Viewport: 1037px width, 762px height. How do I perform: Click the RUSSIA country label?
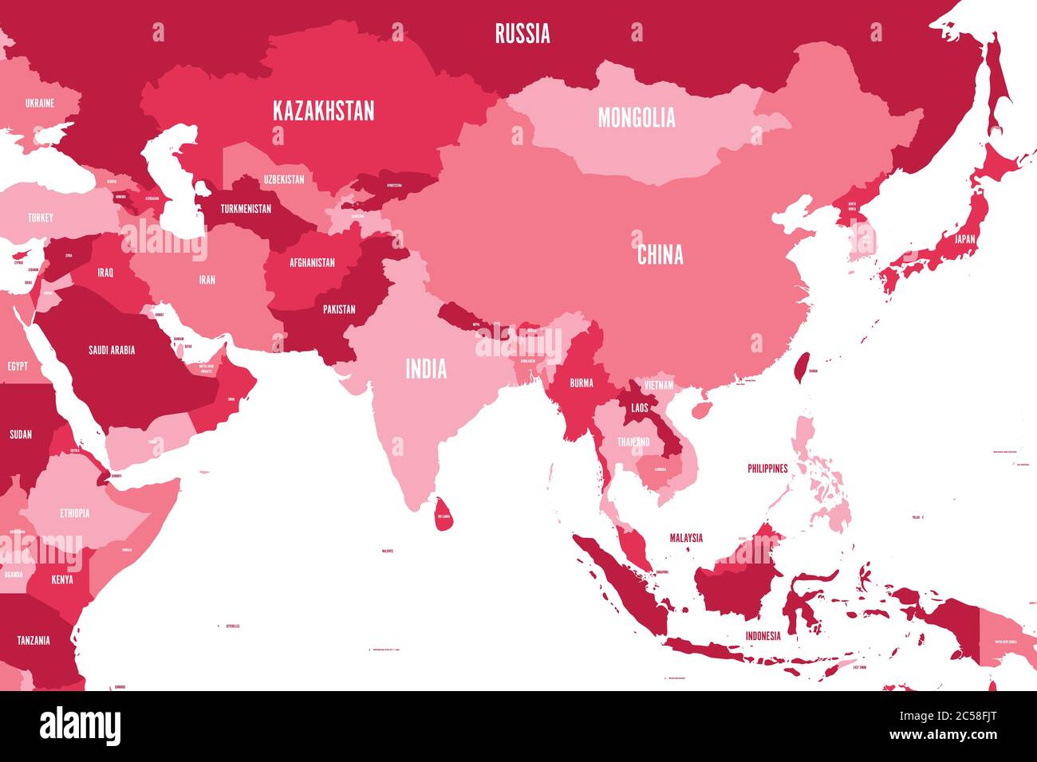[522, 33]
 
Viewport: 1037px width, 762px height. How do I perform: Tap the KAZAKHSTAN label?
[323, 111]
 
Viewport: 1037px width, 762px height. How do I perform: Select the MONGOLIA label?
[637, 118]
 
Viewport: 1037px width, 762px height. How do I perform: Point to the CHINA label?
[660, 255]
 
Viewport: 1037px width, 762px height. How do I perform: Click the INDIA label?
[426, 369]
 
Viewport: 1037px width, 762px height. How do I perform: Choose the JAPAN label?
[964, 238]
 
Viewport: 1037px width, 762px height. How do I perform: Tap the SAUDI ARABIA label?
[111, 350]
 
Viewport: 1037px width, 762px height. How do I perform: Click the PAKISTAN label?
[339, 309]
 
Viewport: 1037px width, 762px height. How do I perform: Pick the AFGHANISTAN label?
[312, 262]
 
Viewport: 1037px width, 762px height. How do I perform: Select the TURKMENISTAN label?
[246, 209]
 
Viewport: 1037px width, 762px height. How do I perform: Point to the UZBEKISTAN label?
[284, 179]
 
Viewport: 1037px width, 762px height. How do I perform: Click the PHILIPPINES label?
[767, 469]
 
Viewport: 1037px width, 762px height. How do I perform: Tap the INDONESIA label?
[763, 636]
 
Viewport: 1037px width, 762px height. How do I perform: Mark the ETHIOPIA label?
[74, 513]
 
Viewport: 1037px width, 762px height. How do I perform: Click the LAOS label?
[639, 407]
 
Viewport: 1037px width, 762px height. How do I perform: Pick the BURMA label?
[581, 383]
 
